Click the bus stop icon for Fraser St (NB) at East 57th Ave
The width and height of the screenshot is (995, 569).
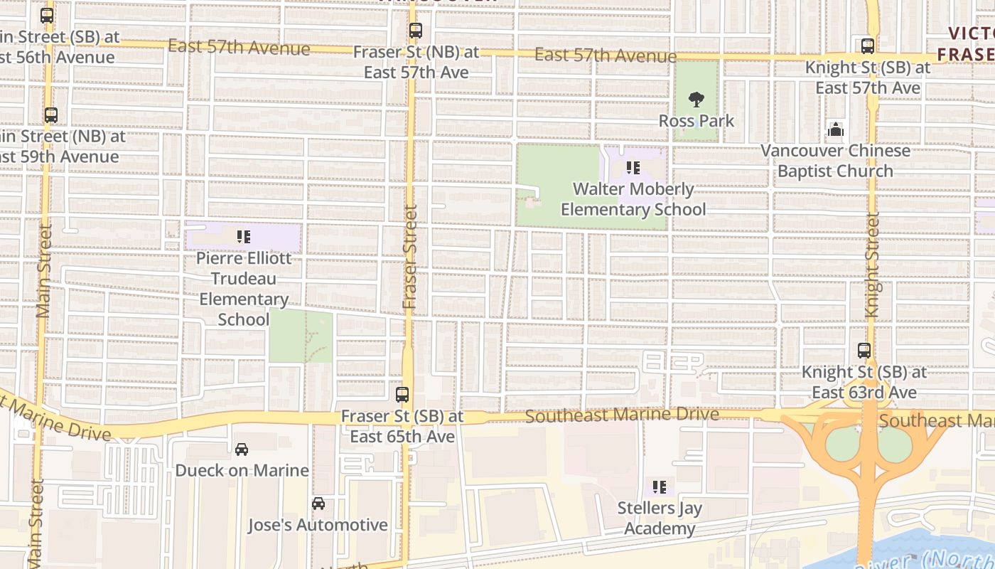tap(416, 31)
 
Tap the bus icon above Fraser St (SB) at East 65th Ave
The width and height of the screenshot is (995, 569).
tap(402, 394)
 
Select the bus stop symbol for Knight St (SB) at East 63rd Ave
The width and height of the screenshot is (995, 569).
tap(864, 351)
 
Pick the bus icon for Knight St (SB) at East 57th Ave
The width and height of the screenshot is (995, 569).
tap(867, 46)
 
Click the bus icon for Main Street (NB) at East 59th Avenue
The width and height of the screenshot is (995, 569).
tap(50, 115)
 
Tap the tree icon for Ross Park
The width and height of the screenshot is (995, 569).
tap(696, 100)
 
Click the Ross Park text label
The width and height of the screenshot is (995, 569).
tap(696, 121)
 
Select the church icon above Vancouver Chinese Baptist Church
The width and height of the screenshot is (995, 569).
tap(836, 129)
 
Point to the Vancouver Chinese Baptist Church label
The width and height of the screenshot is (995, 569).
tap(835, 161)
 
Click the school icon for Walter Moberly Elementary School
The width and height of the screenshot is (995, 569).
tap(633, 168)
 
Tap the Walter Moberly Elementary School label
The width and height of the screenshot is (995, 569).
tap(633, 199)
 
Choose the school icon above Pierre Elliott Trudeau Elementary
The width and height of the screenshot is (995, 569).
tap(244, 237)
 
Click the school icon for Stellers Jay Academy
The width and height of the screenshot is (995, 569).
tap(660, 487)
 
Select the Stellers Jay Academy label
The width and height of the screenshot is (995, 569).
tap(660, 519)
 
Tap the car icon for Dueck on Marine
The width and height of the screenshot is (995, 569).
tap(242, 450)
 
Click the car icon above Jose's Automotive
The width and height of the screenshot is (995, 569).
tap(318, 504)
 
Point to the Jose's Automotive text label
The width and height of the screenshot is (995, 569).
tap(318, 525)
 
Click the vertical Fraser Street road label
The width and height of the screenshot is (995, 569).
tap(410, 257)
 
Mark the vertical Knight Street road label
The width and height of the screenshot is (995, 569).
tap(873, 265)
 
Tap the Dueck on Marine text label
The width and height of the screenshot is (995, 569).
tap(242, 470)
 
